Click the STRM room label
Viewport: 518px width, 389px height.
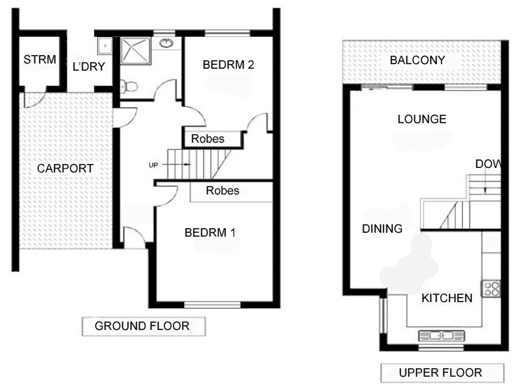click(x=39, y=60)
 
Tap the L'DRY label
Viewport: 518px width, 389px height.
click(x=89, y=66)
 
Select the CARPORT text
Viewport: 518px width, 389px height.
click(x=65, y=169)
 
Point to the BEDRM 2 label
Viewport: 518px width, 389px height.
click(x=227, y=65)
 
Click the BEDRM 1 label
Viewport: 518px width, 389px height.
click(x=210, y=233)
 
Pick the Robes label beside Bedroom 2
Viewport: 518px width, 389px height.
click(x=208, y=139)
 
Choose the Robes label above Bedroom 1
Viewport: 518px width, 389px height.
click(x=222, y=191)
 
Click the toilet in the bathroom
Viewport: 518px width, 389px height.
click(x=129, y=86)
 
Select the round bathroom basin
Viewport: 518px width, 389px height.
click(x=167, y=44)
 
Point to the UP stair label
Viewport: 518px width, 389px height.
click(x=153, y=165)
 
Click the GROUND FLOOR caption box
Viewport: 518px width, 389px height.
click(x=142, y=326)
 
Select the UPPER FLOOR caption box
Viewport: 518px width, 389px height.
click(x=440, y=373)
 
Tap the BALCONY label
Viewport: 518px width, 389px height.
click(x=418, y=60)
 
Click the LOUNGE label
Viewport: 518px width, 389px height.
click(x=422, y=119)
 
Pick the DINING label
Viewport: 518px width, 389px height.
click(x=382, y=229)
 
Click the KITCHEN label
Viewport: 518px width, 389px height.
click(x=447, y=298)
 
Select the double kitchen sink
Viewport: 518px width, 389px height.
click(x=442, y=335)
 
